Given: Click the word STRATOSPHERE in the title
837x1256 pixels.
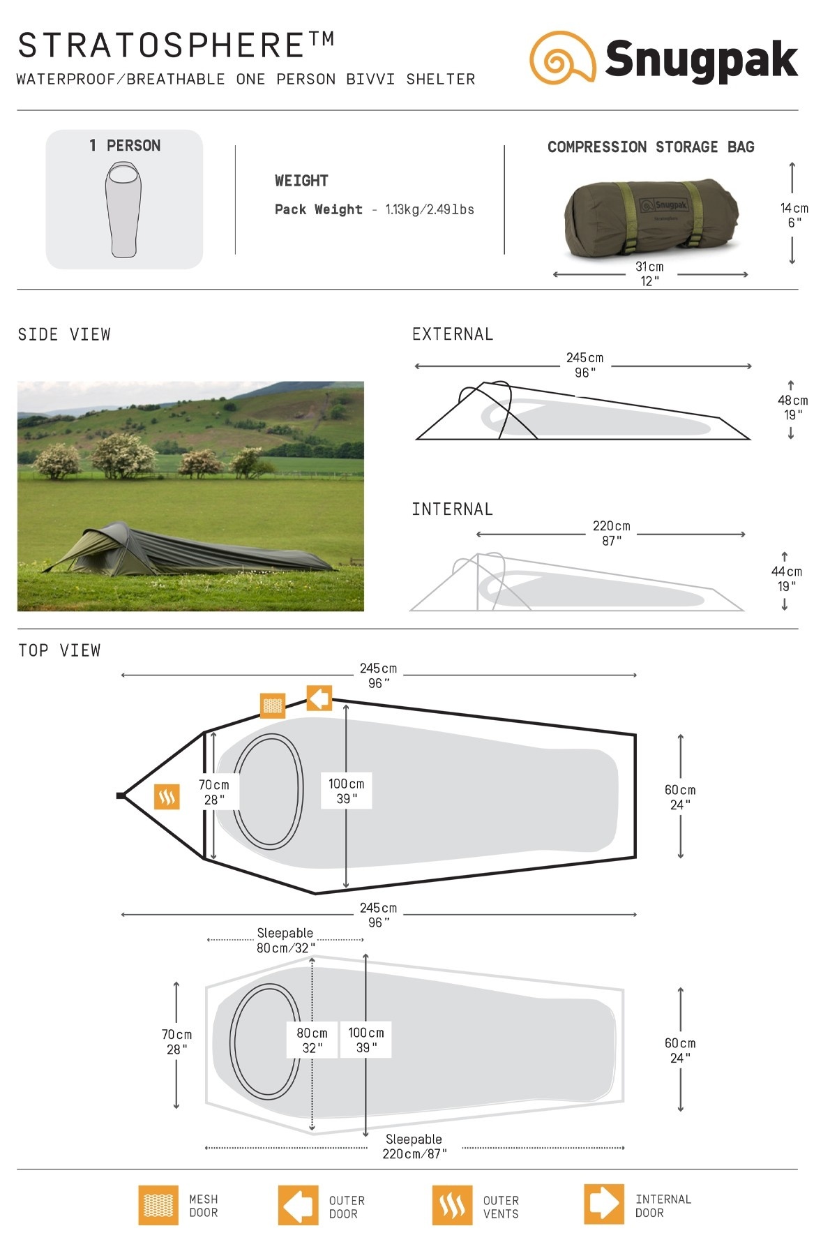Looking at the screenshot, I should click(x=162, y=46).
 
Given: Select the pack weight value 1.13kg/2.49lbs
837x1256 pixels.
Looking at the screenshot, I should click(x=430, y=209).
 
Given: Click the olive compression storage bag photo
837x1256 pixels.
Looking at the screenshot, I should click(x=650, y=218).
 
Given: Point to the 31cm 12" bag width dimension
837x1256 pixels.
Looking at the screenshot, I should click(x=649, y=274).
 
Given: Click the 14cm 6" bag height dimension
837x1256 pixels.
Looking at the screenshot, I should click(x=794, y=215).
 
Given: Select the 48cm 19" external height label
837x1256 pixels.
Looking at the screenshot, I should click(x=792, y=408).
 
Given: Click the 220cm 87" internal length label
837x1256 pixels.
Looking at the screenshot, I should click(x=612, y=533).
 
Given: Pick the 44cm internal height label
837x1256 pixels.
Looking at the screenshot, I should click(x=786, y=578).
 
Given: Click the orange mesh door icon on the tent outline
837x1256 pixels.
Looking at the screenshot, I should click(x=273, y=705).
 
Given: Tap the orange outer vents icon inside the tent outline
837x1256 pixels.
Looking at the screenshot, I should click(x=167, y=796).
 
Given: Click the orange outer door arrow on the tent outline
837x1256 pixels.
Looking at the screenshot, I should click(x=319, y=698).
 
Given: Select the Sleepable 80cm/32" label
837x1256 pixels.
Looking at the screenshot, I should click(x=285, y=941).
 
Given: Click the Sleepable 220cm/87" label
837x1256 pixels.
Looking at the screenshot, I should click(x=414, y=1146).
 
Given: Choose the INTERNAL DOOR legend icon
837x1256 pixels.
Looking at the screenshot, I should click(x=604, y=1204).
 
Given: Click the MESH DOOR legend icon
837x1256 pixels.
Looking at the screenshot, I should click(x=158, y=1205).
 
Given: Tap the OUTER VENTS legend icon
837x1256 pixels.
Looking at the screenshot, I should click(x=452, y=1205).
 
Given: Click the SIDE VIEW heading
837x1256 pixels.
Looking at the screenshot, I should click(x=64, y=335).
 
